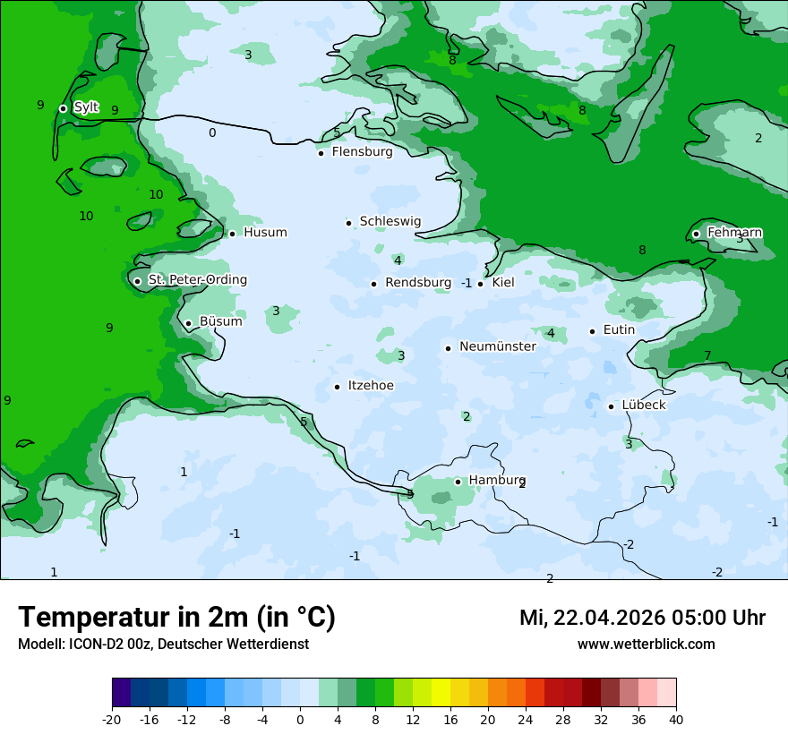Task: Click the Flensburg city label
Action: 362,152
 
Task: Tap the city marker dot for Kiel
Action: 481,284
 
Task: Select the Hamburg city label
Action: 496,481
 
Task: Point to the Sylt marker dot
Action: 63,108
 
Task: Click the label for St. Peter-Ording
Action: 197,280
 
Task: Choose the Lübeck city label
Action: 643,405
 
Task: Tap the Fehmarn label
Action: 734,233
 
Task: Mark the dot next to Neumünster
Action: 448,348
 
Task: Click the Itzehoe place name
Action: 370,386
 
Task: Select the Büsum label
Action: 220,321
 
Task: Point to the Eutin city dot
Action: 592,331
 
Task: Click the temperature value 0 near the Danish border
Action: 212,133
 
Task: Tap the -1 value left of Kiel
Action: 467,283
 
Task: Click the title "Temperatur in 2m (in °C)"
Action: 176,618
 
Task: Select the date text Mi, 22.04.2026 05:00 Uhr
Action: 642,618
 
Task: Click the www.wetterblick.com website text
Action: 646,645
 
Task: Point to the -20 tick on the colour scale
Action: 112,720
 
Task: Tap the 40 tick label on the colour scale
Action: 676,720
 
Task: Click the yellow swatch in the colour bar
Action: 441,693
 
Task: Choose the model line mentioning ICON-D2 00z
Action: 163,645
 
